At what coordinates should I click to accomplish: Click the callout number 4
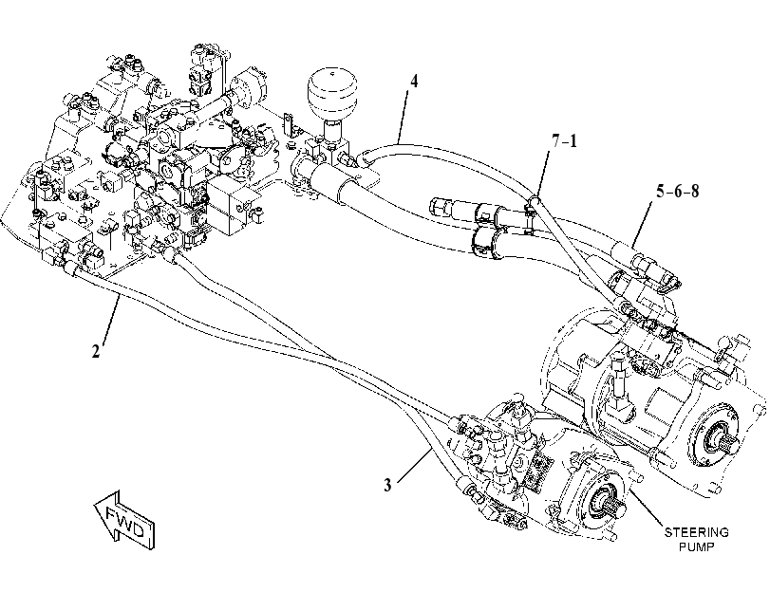coord(414,81)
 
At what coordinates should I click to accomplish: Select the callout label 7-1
coord(564,141)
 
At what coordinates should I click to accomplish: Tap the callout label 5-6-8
coord(677,191)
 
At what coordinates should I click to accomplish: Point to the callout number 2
coord(95,351)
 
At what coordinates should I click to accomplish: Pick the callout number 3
coord(388,486)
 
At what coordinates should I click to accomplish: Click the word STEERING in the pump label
coord(696,532)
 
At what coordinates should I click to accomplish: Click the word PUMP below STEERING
coord(696,546)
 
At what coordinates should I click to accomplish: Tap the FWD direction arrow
coord(124,520)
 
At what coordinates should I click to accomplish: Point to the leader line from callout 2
coord(109,318)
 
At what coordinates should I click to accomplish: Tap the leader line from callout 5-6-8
coord(645,223)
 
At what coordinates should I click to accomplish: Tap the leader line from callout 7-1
coord(544,173)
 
